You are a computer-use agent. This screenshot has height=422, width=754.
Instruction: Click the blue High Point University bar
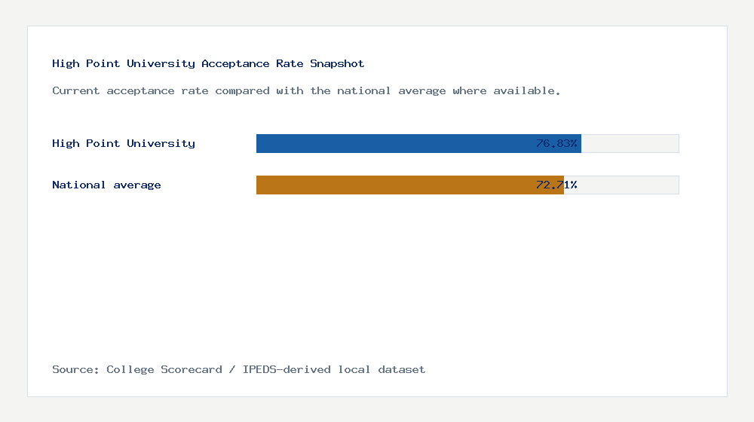point(392,143)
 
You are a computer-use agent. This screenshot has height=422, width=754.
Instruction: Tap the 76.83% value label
point(556,143)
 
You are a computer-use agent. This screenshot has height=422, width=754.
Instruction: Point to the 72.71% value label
point(556,185)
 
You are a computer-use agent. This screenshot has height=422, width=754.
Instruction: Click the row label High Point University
point(124,143)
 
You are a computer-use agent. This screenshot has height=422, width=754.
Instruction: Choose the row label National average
point(106,185)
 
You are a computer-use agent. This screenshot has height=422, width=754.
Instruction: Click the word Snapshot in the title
point(337,63)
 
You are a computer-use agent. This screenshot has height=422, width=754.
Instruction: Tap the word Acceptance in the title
point(235,63)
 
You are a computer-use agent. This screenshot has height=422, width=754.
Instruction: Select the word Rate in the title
point(290,63)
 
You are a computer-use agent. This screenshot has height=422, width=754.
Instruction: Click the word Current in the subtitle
point(76,90)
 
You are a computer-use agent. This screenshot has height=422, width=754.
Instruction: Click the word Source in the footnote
point(75,369)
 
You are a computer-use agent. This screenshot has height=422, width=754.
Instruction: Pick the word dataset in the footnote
point(402,369)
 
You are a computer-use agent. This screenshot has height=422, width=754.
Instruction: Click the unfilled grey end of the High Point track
point(630,143)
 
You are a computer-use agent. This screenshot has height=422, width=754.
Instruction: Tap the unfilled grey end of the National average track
point(621,185)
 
